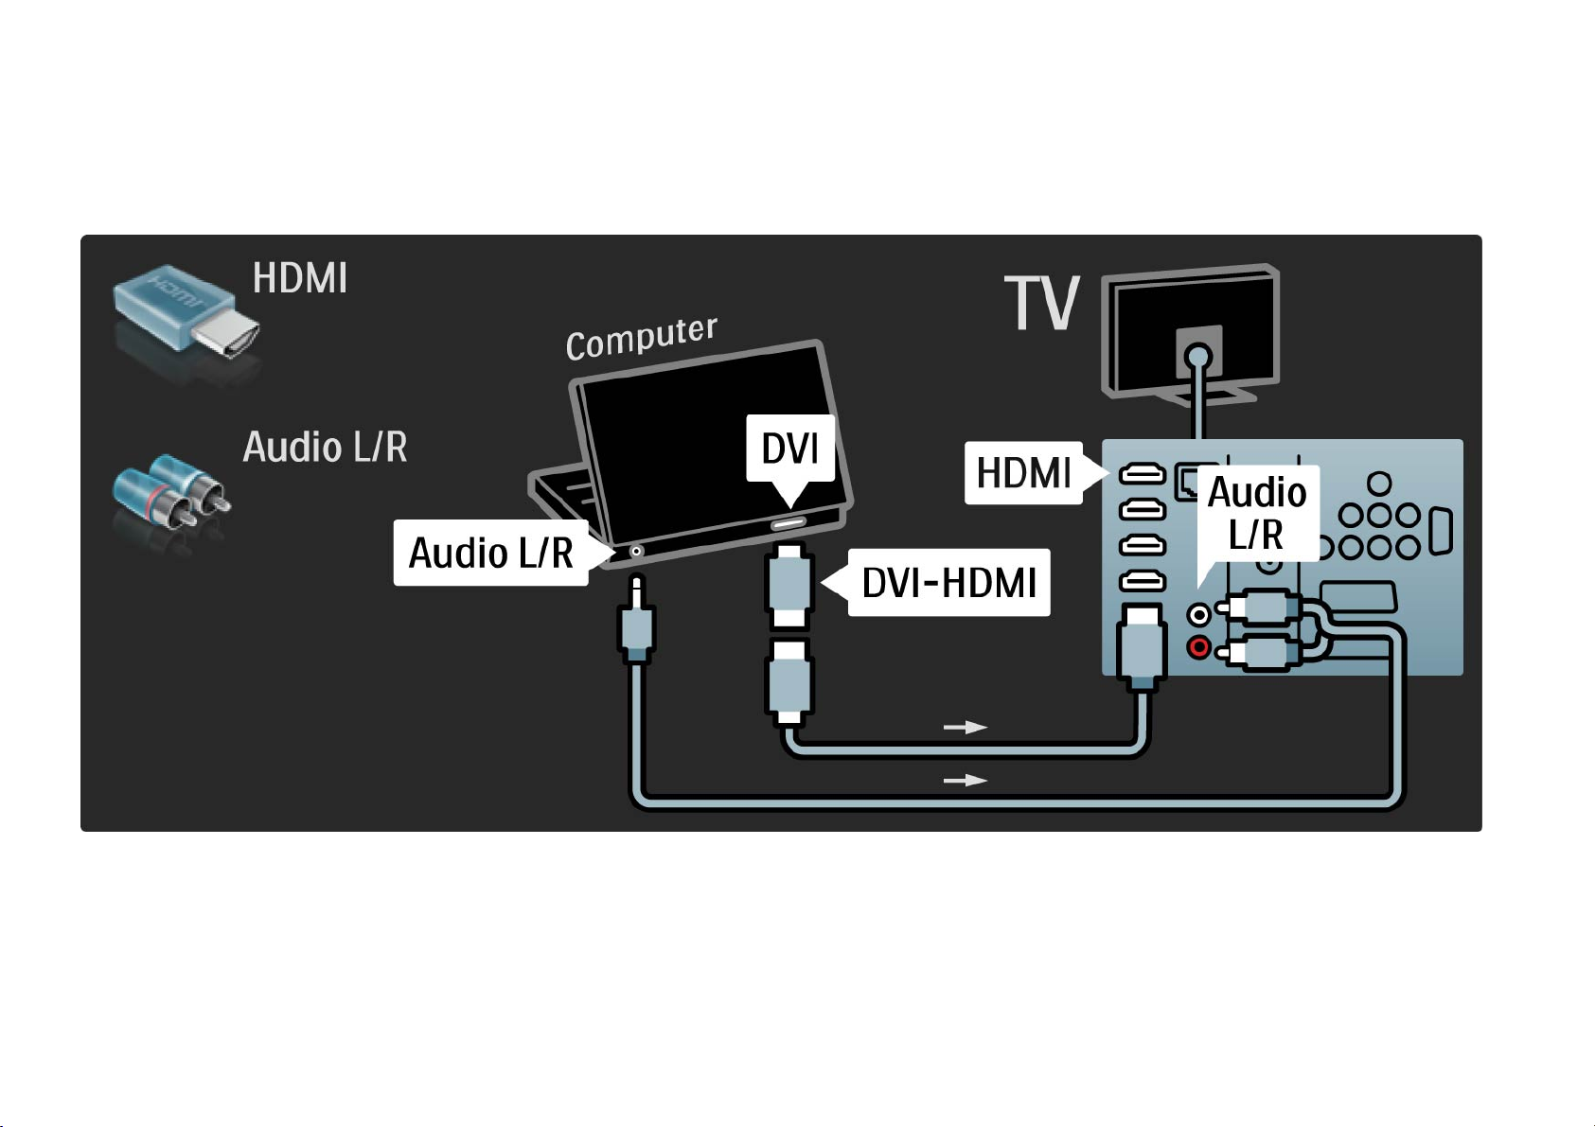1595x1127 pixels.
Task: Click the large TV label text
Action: pos(1042,303)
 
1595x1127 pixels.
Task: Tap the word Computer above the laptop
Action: pos(642,338)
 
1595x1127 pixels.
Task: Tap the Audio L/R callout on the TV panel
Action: pos(1257,513)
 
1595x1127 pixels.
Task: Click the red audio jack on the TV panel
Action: pos(1199,647)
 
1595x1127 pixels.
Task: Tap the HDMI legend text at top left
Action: pos(300,277)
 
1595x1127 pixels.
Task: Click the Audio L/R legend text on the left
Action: pos(325,447)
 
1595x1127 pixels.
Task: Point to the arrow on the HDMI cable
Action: pos(965,727)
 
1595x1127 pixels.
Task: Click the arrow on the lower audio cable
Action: pos(965,781)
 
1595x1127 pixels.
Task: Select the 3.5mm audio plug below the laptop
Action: pos(636,620)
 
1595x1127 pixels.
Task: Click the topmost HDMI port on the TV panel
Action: pos(1143,473)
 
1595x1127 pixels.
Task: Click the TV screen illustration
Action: pos(1191,332)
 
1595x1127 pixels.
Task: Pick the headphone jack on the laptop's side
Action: pos(636,551)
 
